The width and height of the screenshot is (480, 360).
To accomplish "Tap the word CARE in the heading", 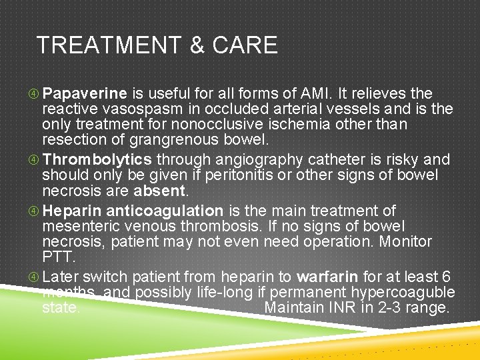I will (x=245, y=45).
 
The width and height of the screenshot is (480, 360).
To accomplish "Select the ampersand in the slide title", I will (x=197, y=45).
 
